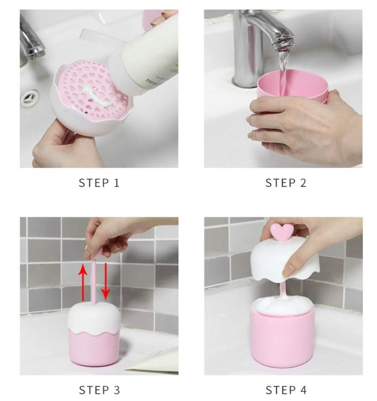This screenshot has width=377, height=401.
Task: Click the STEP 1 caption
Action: click(x=99, y=183)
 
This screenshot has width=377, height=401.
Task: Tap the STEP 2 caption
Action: click(x=286, y=183)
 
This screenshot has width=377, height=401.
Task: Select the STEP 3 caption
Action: click(x=99, y=390)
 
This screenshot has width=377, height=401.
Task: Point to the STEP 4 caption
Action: click(x=286, y=390)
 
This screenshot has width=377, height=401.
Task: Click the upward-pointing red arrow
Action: click(x=84, y=280)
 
